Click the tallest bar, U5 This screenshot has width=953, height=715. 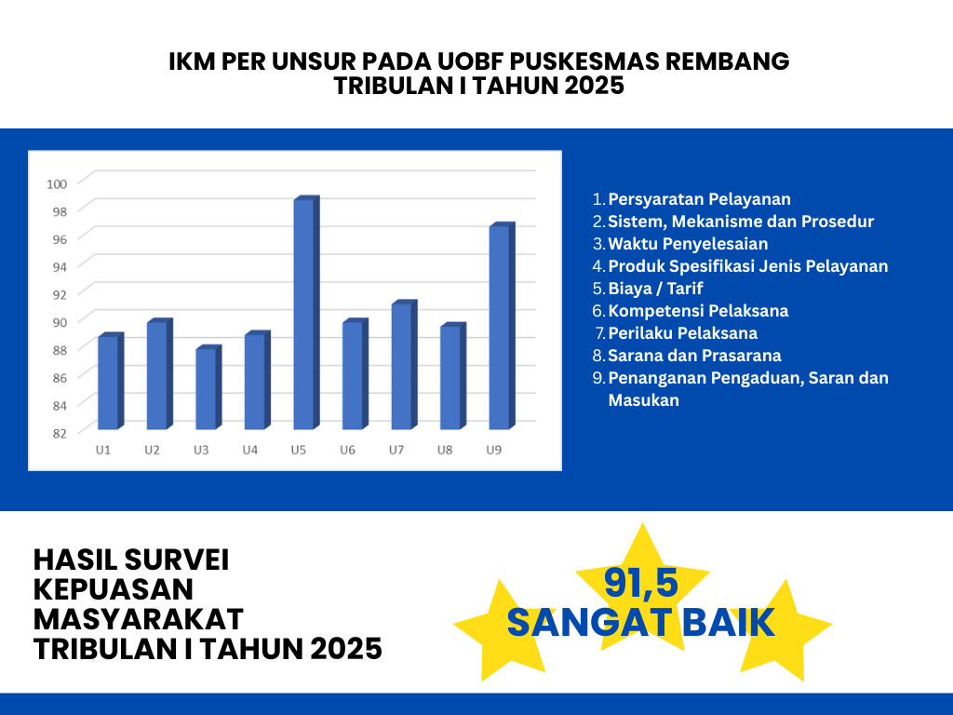pyautogui.click(x=304, y=314)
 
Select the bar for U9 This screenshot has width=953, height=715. pyautogui.click(x=500, y=327)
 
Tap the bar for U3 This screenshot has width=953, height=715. pyautogui.click(x=207, y=388)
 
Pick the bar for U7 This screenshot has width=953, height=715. pyautogui.click(x=402, y=366)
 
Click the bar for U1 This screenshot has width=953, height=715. pyautogui.click(x=108, y=382)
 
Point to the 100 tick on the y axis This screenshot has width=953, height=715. pyautogui.click(x=57, y=183)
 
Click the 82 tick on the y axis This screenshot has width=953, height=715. pyautogui.click(x=60, y=433)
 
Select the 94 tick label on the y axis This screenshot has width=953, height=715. pyautogui.click(x=60, y=267)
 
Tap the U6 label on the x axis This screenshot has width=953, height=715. pyautogui.click(x=347, y=451)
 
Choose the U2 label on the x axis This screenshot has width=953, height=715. pyautogui.click(x=152, y=451)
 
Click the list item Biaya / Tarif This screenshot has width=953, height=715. pyautogui.click(x=655, y=289)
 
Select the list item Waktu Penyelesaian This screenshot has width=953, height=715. pyautogui.click(x=688, y=244)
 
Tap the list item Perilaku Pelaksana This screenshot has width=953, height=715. pyautogui.click(x=682, y=333)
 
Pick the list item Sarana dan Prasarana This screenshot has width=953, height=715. pyautogui.click(x=694, y=356)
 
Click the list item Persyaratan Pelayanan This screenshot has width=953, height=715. pyautogui.click(x=699, y=199)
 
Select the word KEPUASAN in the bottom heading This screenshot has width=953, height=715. pyautogui.click(x=114, y=589)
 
